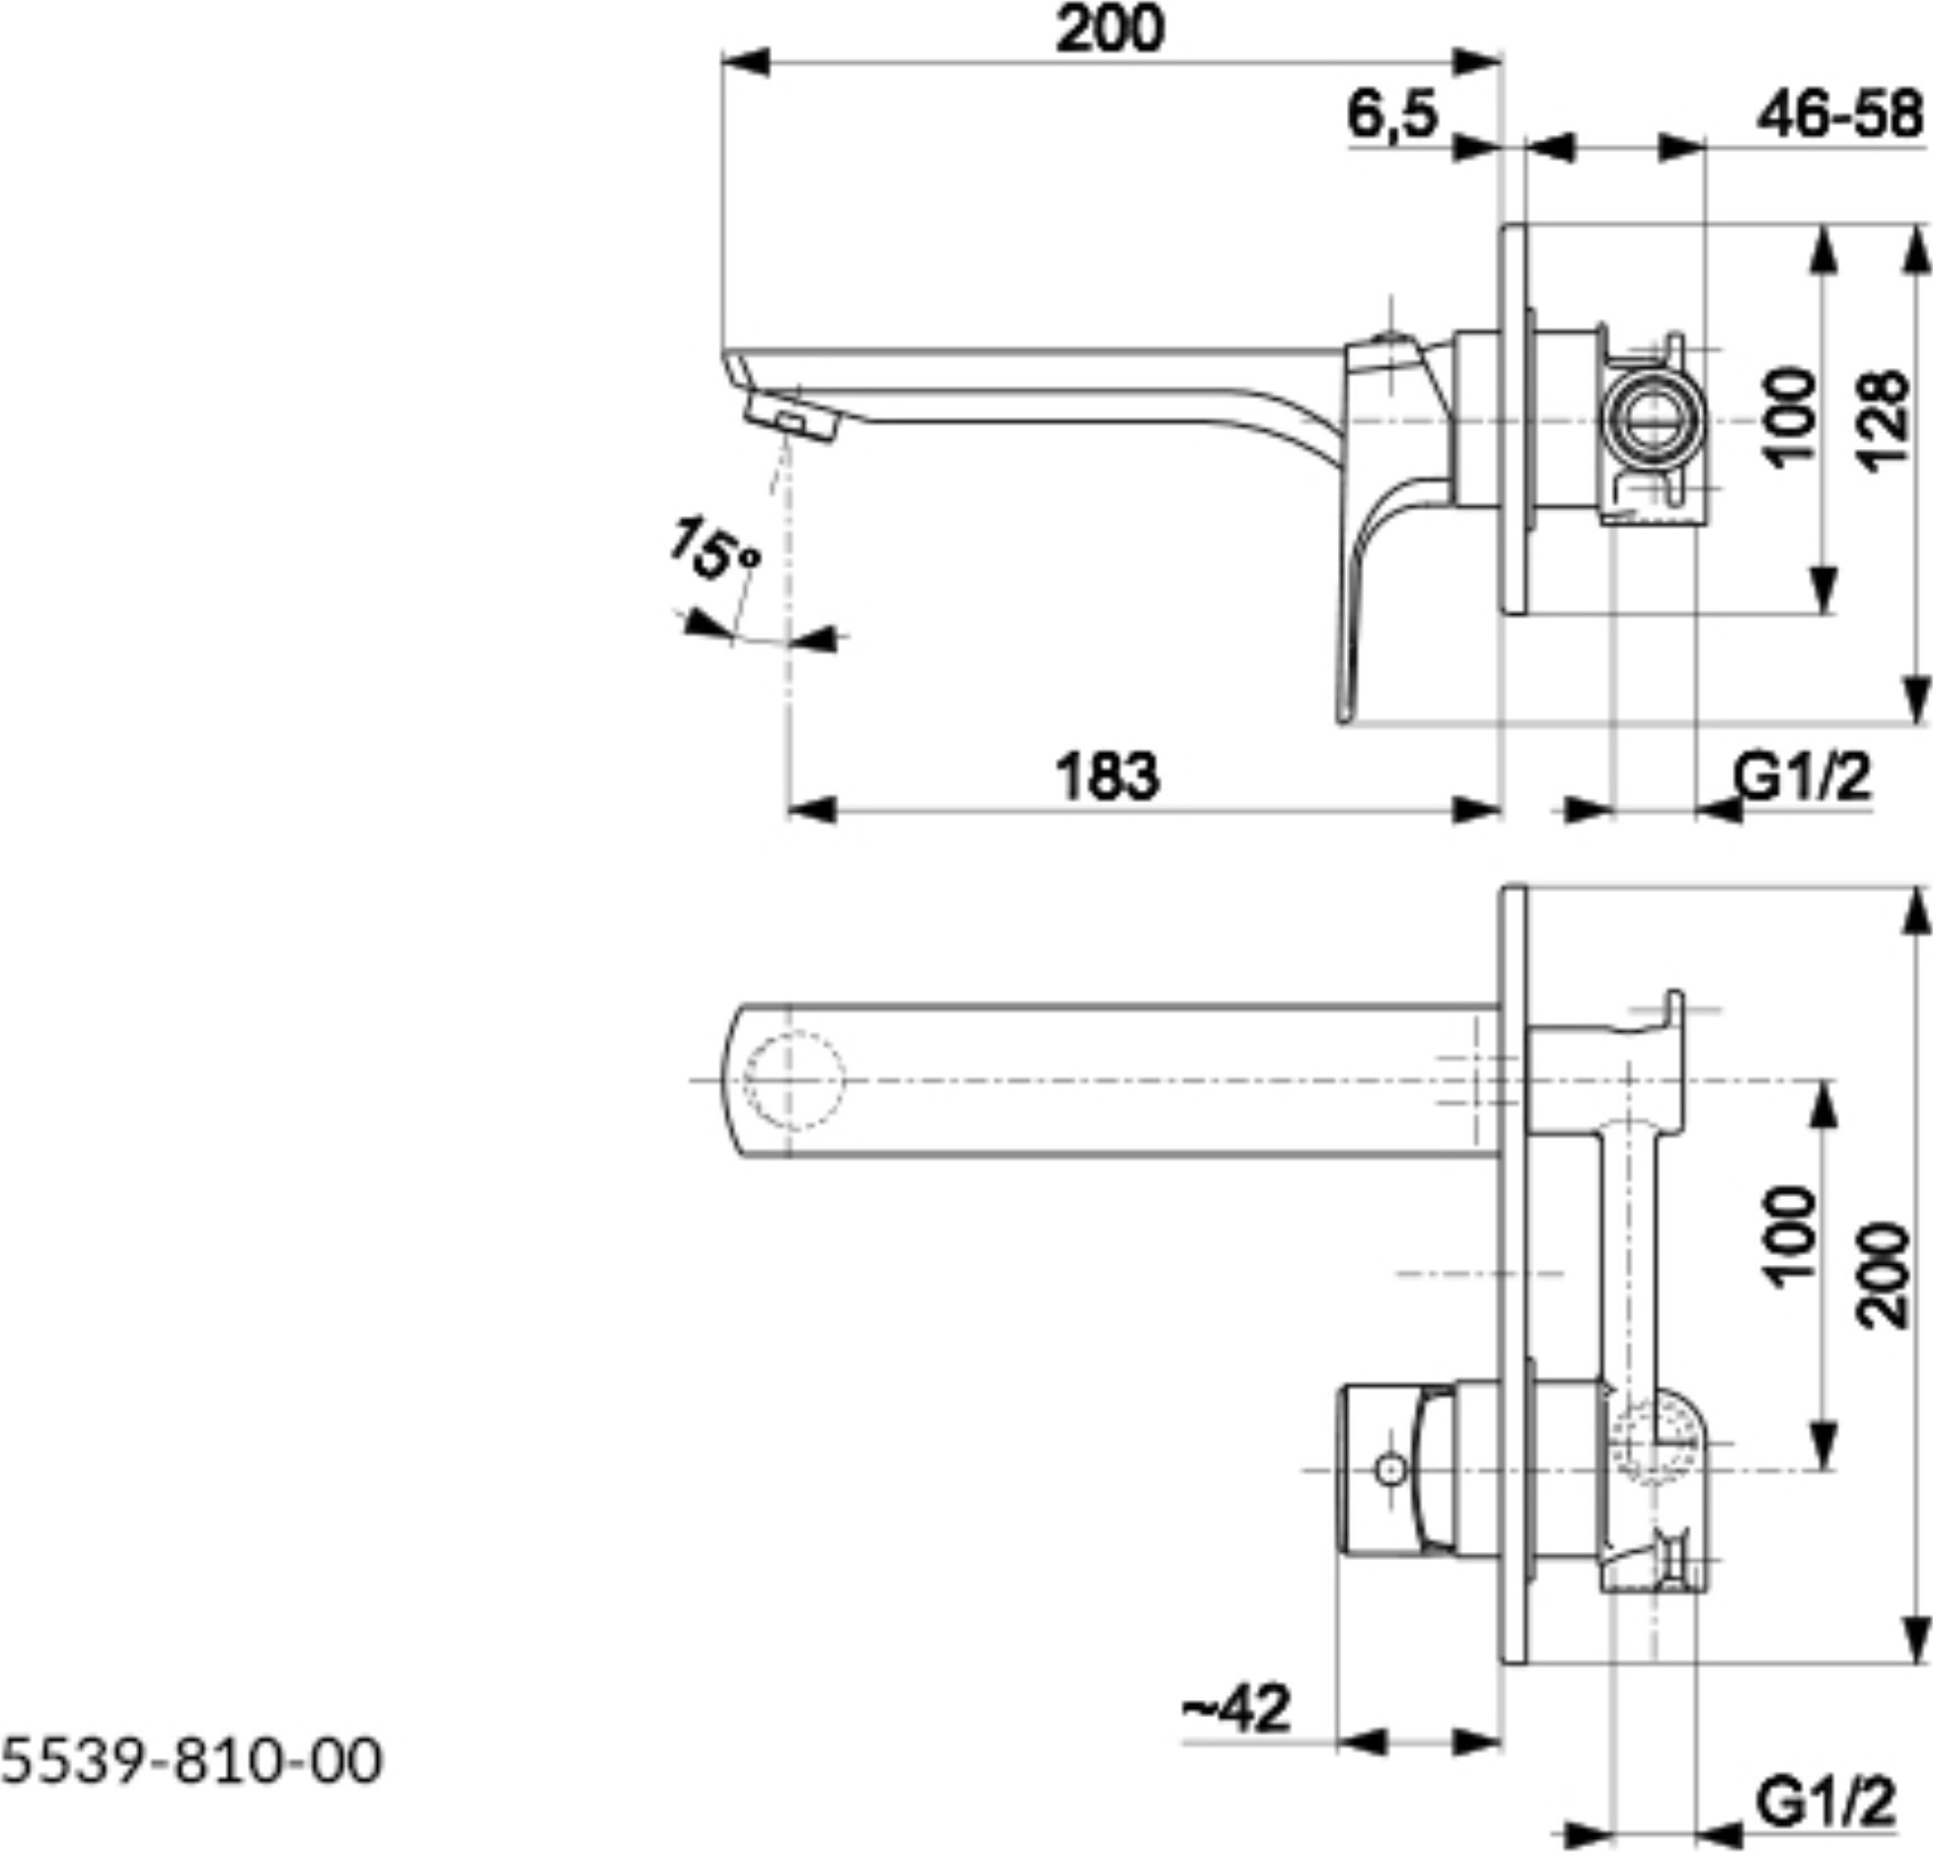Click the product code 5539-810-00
coord(190,1761)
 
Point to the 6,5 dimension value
coord(1393,116)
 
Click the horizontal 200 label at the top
coord(1110,29)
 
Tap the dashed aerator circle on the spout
coord(794,1081)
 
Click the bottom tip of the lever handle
coord(1345,721)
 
